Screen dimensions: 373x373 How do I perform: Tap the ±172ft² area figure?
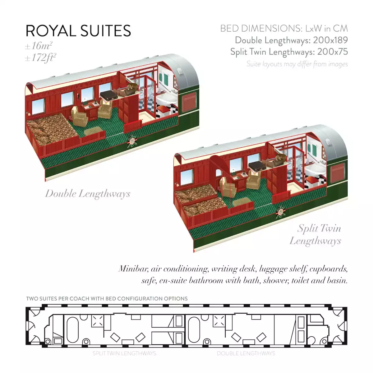pyautogui.click(x=41, y=58)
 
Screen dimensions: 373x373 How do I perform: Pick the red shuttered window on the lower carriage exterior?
pyautogui.click(x=338, y=173)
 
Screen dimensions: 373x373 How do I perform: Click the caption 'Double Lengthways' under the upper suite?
pyautogui.click(x=88, y=194)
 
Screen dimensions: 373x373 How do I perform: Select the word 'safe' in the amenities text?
pyautogui.click(x=148, y=281)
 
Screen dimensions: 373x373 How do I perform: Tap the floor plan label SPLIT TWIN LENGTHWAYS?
pyautogui.click(x=124, y=353)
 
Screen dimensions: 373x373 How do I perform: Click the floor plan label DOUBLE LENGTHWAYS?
pyautogui.click(x=246, y=353)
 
